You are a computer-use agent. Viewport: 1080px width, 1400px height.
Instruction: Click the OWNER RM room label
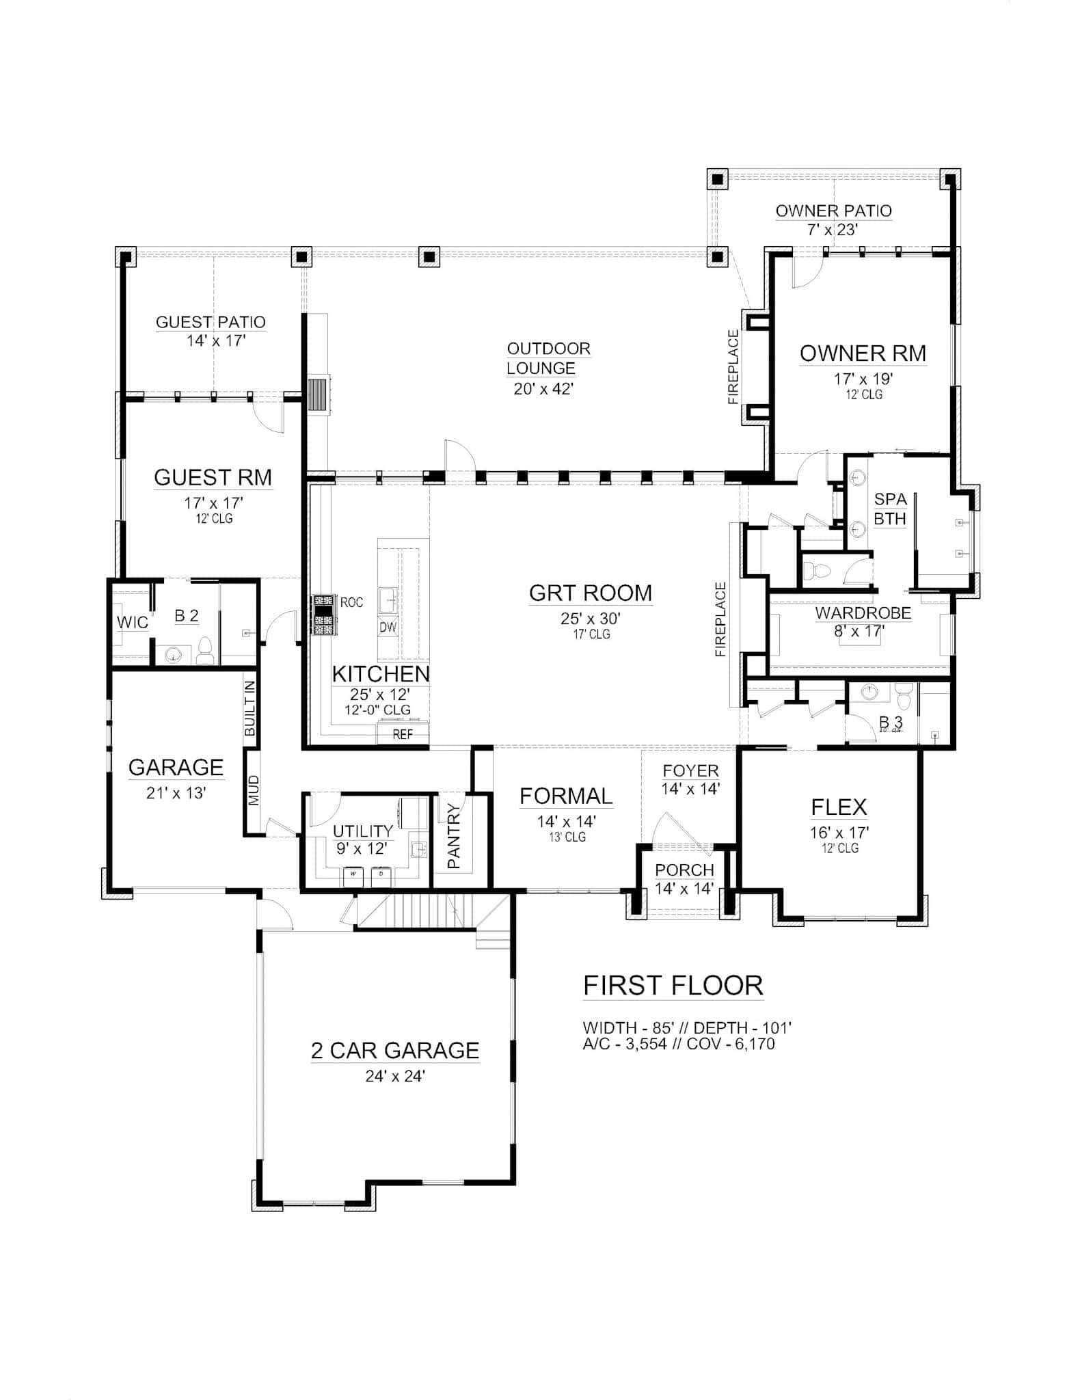[x=863, y=353]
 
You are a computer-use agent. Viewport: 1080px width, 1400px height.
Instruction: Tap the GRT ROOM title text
[x=591, y=593]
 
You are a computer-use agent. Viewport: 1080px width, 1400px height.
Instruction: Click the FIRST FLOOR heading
[x=673, y=986]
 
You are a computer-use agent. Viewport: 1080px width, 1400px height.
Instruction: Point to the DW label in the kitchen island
[x=388, y=627]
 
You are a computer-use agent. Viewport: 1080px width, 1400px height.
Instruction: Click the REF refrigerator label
[x=403, y=736]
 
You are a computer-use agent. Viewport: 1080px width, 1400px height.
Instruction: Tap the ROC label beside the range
[x=351, y=602]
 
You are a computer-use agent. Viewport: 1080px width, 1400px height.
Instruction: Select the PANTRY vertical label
[x=454, y=838]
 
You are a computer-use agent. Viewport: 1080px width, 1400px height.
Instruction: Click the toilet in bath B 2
[x=204, y=651]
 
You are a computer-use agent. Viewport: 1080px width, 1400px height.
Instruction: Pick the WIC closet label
[x=132, y=622]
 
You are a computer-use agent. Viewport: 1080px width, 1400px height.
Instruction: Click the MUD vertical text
[x=253, y=790]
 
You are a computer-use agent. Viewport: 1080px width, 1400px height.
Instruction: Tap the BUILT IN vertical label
[x=249, y=708]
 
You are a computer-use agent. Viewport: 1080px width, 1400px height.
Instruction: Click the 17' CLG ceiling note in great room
[x=591, y=634]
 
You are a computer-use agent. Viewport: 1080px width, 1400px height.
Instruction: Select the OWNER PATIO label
[x=833, y=211]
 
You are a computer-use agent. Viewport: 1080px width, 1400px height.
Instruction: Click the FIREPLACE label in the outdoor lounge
[x=733, y=366]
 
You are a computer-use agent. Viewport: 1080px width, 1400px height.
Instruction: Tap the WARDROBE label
[x=863, y=612]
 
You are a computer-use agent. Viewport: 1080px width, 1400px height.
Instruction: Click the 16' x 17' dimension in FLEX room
[x=839, y=833]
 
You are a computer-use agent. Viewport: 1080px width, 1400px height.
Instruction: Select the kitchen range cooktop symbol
[x=323, y=615]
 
